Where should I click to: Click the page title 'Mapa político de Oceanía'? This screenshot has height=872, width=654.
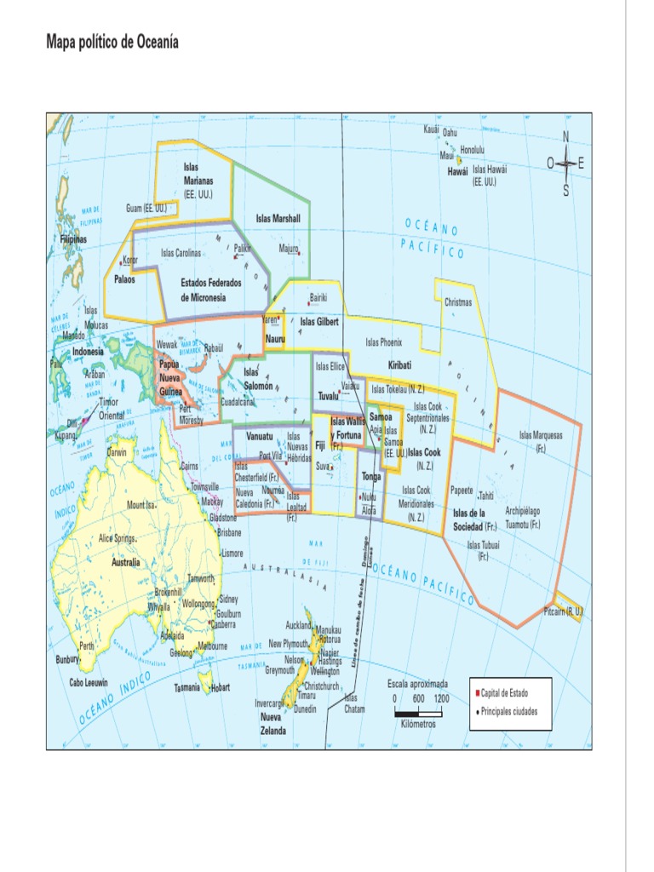coord(112,43)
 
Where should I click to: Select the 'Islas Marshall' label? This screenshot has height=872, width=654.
coord(278,219)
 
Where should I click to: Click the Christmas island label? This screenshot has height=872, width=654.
coord(457,302)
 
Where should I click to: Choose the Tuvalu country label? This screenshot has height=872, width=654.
coord(328,396)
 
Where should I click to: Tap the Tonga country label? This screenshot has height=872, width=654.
coord(370,477)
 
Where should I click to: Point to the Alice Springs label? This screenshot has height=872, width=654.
coord(117,538)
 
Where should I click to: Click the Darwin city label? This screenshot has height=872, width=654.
coord(117,452)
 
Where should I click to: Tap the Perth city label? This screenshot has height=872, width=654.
coord(87,646)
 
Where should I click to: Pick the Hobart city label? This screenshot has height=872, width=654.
coord(220,687)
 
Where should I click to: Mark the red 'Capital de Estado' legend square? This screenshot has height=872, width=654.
coord(478,693)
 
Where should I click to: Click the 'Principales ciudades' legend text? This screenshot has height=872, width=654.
coord(509,711)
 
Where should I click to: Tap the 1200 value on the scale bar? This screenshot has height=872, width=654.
coord(441,698)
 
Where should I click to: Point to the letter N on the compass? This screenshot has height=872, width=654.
coord(565,137)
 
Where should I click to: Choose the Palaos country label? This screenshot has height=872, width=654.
coord(126,279)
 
